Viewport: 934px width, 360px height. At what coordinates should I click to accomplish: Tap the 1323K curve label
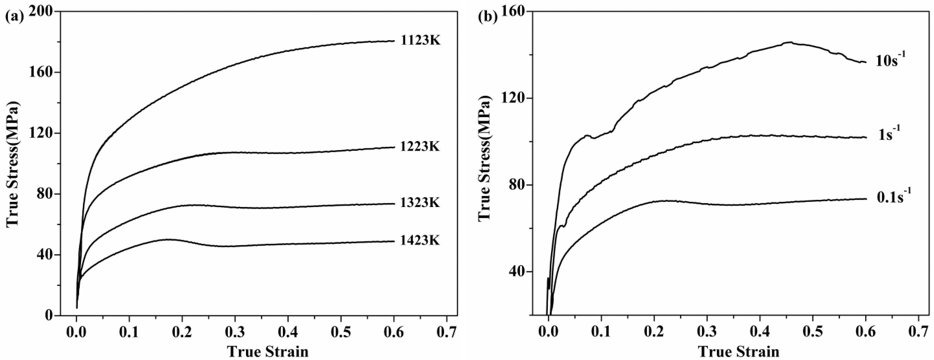pos(420,203)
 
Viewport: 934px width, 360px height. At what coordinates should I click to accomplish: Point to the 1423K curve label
pos(420,240)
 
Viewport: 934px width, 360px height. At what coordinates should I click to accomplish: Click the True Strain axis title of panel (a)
pos(268,351)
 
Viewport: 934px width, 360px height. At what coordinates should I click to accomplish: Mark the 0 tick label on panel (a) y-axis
pos(49,316)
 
